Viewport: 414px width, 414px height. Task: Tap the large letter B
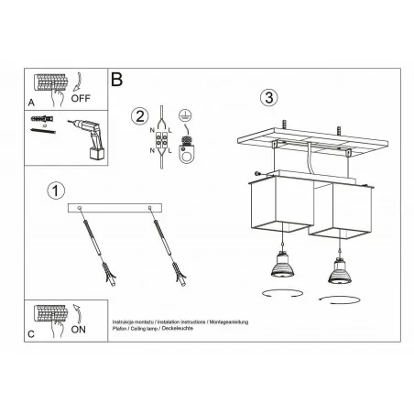[117, 80]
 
